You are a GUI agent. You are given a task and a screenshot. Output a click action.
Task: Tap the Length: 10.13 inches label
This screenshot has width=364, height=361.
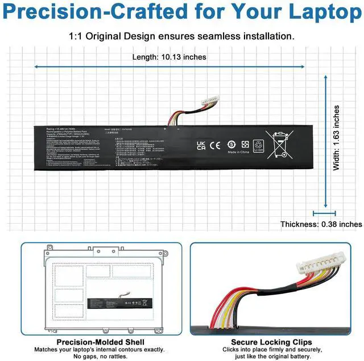click(x=169, y=57)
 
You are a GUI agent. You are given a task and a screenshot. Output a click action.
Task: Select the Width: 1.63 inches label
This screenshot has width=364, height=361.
click(x=337, y=138)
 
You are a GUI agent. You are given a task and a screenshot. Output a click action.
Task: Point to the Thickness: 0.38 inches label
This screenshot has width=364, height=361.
click(x=321, y=224)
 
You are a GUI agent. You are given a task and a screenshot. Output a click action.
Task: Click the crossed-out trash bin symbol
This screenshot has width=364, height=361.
click(x=280, y=145)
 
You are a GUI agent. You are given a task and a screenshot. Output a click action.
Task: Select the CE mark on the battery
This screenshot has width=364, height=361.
click(x=215, y=144)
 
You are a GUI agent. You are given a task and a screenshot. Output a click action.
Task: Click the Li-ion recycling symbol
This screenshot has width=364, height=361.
click(x=259, y=146)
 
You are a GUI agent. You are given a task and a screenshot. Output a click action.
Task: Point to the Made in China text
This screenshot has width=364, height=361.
click(x=239, y=152)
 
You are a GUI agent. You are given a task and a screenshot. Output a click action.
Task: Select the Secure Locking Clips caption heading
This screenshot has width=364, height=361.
click(x=279, y=342)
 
